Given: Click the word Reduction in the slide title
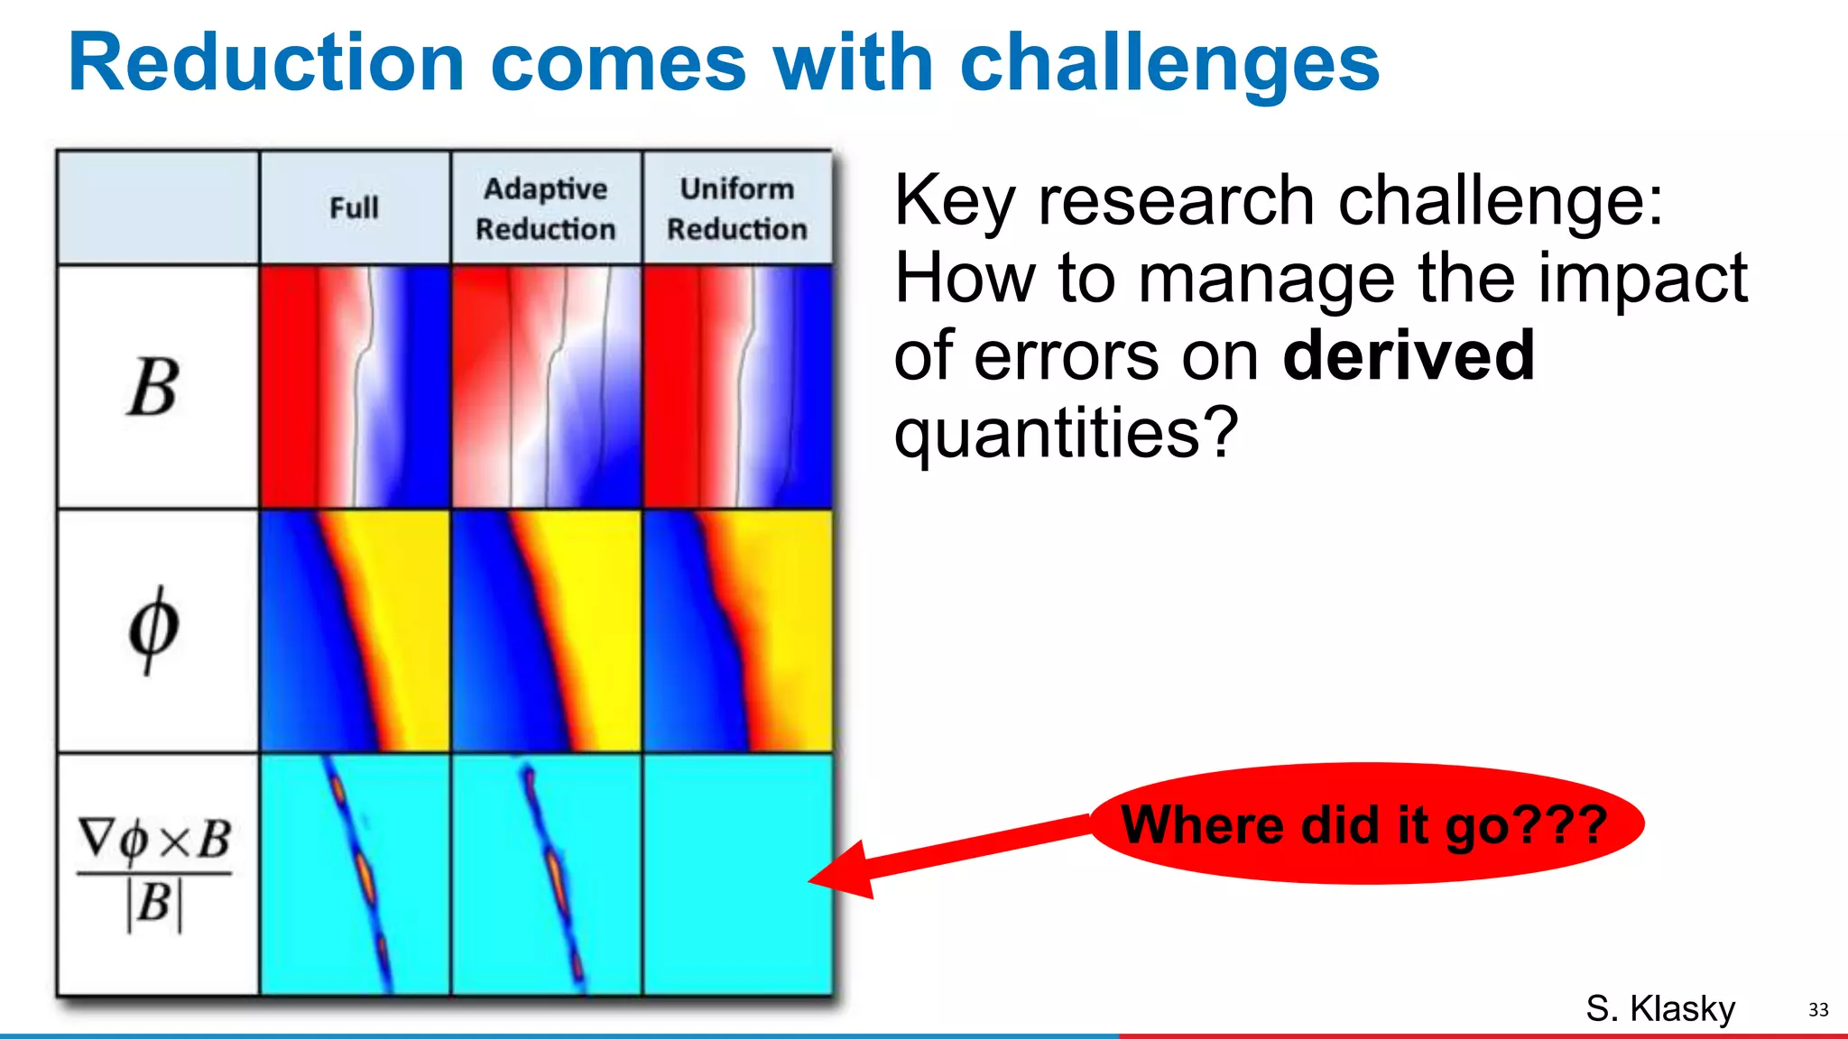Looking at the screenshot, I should coord(266,63).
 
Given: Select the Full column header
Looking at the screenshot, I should coord(354,208).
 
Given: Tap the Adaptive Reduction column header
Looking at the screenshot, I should coord(546,208).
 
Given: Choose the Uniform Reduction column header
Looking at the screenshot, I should coord(736,208).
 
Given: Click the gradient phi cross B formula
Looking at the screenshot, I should coord(154,872).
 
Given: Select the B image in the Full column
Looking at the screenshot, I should coord(355,386).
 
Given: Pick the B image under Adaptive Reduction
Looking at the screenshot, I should coord(546,386).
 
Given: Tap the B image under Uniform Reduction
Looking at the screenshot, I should coord(737,386).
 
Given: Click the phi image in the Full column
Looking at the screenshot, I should coord(355,630).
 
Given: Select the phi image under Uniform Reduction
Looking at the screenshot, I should coord(737,630).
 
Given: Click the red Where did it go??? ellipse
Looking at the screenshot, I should coord(1366,823).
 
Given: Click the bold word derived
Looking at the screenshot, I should coord(1408,355).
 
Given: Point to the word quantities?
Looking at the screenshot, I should coord(1066,433).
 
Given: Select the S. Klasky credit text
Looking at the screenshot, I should coord(1659,1008).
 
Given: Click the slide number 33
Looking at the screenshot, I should coord(1817,1010).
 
